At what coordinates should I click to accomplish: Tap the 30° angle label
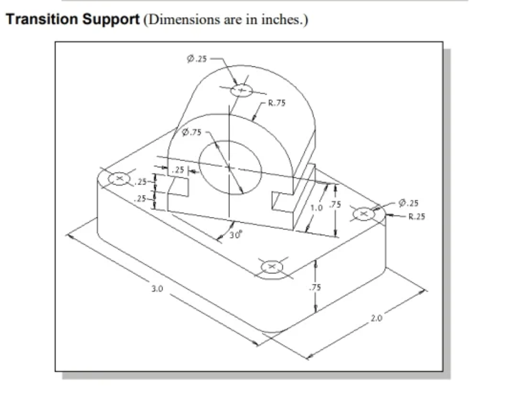pyautogui.click(x=236, y=235)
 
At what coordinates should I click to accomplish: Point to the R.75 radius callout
pyautogui.click(x=277, y=103)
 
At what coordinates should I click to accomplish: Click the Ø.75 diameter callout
pyautogui.click(x=191, y=132)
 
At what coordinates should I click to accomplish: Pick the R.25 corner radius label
pyautogui.click(x=417, y=215)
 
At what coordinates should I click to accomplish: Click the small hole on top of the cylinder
pyautogui.click(x=241, y=90)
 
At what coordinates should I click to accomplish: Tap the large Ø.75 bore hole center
pyautogui.click(x=229, y=167)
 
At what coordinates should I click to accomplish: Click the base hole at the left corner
pyautogui.click(x=119, y=179)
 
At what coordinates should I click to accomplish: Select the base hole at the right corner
pyautogui.click(x=364, y=213)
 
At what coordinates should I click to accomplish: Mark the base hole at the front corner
pyautogui.click(x=272, y=267)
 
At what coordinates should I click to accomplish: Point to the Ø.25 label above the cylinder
pyautogui.click(x=197, y=59)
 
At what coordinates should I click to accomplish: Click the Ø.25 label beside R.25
pyautogui.click(x=408, y=202)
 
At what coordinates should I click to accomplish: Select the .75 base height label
pyautogui.click(x=315, y=287)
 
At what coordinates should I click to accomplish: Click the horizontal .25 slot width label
pyautogui.click(x=179, y=170)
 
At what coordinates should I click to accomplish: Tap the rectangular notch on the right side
pyautogui.click(x=282, y=201)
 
